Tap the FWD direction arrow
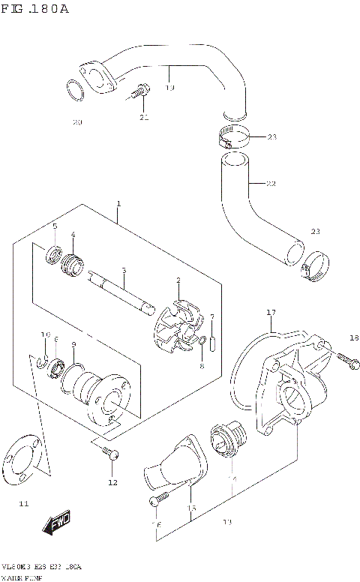coord(57,526)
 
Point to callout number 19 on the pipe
coord(169,88)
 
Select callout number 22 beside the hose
coord(271,184)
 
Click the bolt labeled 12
coord(110,452)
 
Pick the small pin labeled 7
coord(213,343)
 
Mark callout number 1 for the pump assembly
coord(118,205)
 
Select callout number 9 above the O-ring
coord(73,344)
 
